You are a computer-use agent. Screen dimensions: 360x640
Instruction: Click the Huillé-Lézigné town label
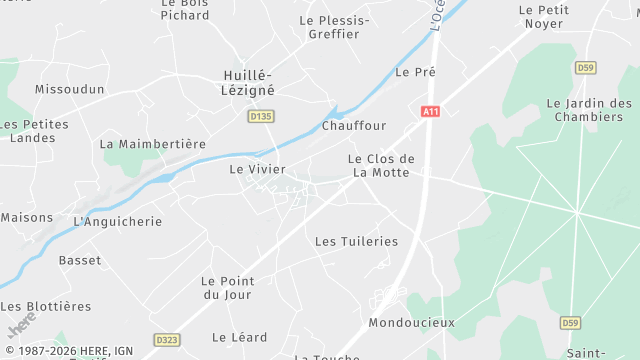[247, 82]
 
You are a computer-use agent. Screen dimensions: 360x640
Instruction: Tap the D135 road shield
[260, 116]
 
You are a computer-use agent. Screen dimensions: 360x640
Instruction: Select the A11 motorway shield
[430, 112]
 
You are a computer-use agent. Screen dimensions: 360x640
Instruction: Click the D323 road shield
[167, 340]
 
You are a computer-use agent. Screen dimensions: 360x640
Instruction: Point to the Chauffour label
[354, 126]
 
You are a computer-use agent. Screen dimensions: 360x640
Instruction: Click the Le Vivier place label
[257, 170]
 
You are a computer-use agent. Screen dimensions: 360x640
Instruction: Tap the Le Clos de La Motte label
[381, 166]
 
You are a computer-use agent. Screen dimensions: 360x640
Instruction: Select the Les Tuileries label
[356, 242]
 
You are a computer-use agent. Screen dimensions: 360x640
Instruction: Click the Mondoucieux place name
[412, 323]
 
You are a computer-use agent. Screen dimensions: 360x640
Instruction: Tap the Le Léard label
[241, 338]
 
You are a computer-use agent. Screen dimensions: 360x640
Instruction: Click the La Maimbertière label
[153, 144]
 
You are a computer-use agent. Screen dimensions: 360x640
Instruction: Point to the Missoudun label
[70, 89]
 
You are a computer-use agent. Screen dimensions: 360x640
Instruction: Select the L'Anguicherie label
[117, 222]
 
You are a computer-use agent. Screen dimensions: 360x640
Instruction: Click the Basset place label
[80, 261]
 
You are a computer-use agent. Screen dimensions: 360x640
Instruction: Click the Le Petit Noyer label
[544, 17]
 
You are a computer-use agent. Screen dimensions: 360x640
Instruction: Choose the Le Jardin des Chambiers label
[589, 110]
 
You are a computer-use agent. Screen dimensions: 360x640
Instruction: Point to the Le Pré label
[416, 72]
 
